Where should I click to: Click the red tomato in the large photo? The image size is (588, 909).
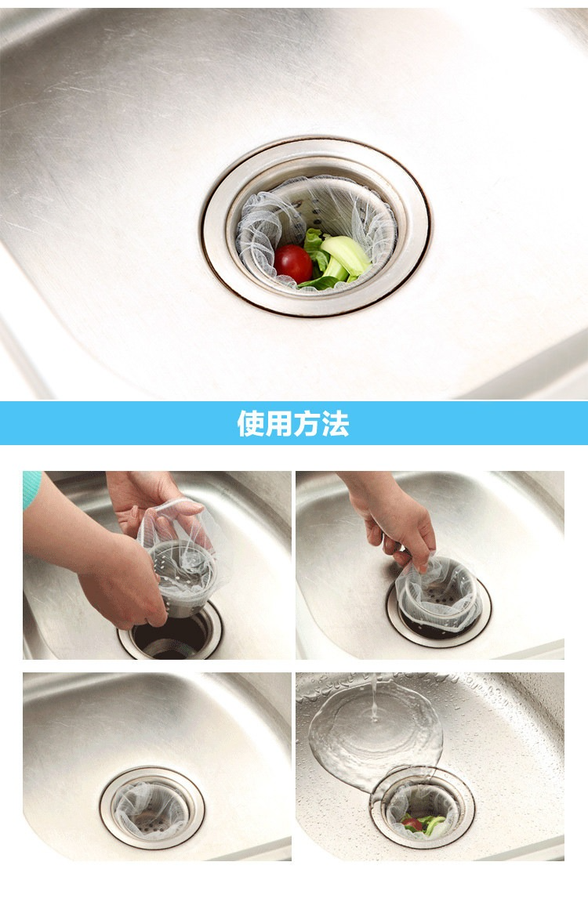[293, 263]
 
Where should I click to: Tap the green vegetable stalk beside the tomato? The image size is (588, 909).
[344, 255]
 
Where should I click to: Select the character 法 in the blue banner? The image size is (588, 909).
[336, 423]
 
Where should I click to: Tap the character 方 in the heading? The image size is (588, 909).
[307, 423]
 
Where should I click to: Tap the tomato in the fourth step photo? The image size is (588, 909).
[412, 824]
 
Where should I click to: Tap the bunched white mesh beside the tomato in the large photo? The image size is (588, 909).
[261, 237]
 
